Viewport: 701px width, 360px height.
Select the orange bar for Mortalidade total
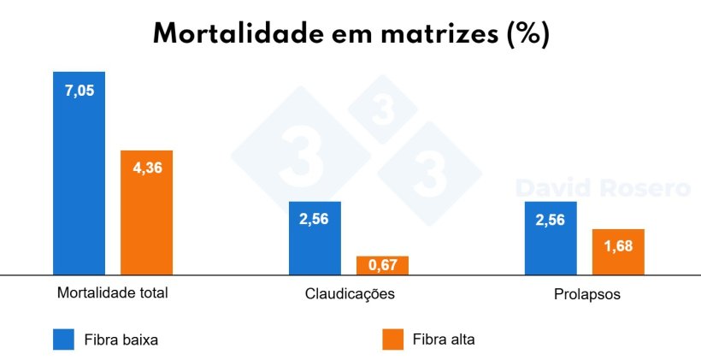click(x=146, y=222)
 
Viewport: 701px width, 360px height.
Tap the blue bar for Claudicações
click(x=315, y=248)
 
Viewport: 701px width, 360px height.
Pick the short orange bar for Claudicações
click(x=382, y=265)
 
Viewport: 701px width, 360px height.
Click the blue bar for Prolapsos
click(x=551, y=248)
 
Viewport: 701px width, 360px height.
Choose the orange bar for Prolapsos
click(x=617, y=257)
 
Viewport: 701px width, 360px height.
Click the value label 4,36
click(x=146, y=167)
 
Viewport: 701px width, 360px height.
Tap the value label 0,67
click(x=382, y=266)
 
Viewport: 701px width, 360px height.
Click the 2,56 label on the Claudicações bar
click(x=315, y=218)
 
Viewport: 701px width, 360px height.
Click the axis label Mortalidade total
click(x=112, y=292)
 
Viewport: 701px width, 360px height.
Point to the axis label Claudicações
click(x=350, y=294)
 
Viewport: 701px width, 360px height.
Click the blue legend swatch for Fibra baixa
click(x=65, y=339)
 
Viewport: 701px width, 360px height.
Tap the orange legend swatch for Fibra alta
click(x=392, y=339)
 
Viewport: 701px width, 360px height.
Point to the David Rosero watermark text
click(x=603, y=188)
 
